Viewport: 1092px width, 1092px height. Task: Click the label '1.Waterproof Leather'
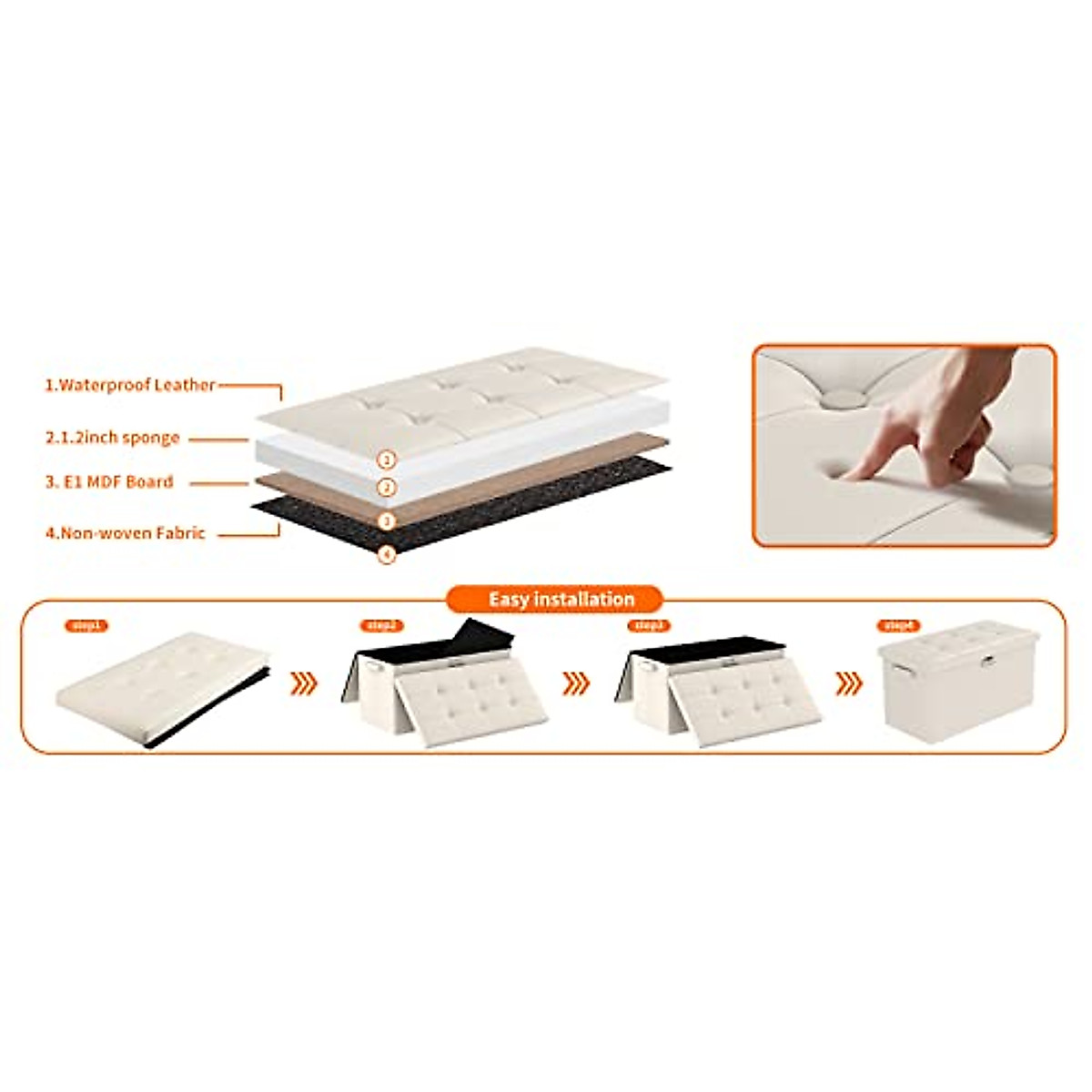pyautogui.click(x=130, y=385)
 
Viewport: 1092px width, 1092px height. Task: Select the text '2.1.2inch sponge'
pyautogui.click(x=113, y=438)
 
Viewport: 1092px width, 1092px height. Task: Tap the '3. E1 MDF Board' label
pyautogui.click(x=109, y=482)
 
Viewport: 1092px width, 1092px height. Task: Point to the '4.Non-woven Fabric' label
pyautogui.click(x=126, y=534)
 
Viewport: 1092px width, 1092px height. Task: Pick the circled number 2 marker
pyautogui.click(x=388, y=489)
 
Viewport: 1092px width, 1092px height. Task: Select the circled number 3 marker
pyautogui.click(x=388, y=521)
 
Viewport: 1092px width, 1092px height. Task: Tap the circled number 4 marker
pyautogui.click(x=388, y=553)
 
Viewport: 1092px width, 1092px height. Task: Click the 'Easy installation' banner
pyautogui.click(x=561, y=599)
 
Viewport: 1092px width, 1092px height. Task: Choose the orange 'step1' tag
pyautogui.click(x=86, y=626)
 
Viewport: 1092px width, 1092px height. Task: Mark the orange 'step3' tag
pyautogui.click(x=648, y=626)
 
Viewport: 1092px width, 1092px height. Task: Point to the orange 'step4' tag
pyautogui.click(x=899, y=626)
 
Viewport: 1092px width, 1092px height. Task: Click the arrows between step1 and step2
pyautogui.click(x=304, y=683)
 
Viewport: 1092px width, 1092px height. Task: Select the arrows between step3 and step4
pyautogui.click(x=848, y=683)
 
